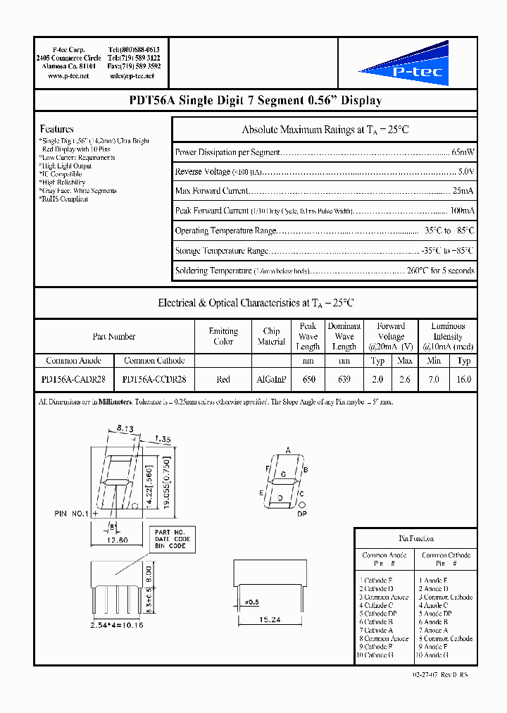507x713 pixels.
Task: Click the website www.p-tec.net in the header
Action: coord(68,75)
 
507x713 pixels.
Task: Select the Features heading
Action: coord(57,129)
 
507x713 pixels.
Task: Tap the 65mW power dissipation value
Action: coord(463,152)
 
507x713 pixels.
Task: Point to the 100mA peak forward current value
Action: coord(462,211)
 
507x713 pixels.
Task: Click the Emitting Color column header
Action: coord(223,336)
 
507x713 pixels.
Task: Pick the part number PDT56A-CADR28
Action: coord(73,379)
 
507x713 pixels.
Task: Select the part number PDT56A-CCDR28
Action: coord(154,379)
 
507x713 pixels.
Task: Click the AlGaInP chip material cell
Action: coord(271,379)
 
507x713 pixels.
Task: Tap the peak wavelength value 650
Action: coord(308,379)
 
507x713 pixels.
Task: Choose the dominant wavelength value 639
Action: coord(344,379)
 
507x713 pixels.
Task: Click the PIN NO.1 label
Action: coord(71,514)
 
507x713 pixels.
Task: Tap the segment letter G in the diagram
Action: coord(284,474)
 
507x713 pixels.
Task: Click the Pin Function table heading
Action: coord(415,538)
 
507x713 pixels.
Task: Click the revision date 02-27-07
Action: coord(424,674)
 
